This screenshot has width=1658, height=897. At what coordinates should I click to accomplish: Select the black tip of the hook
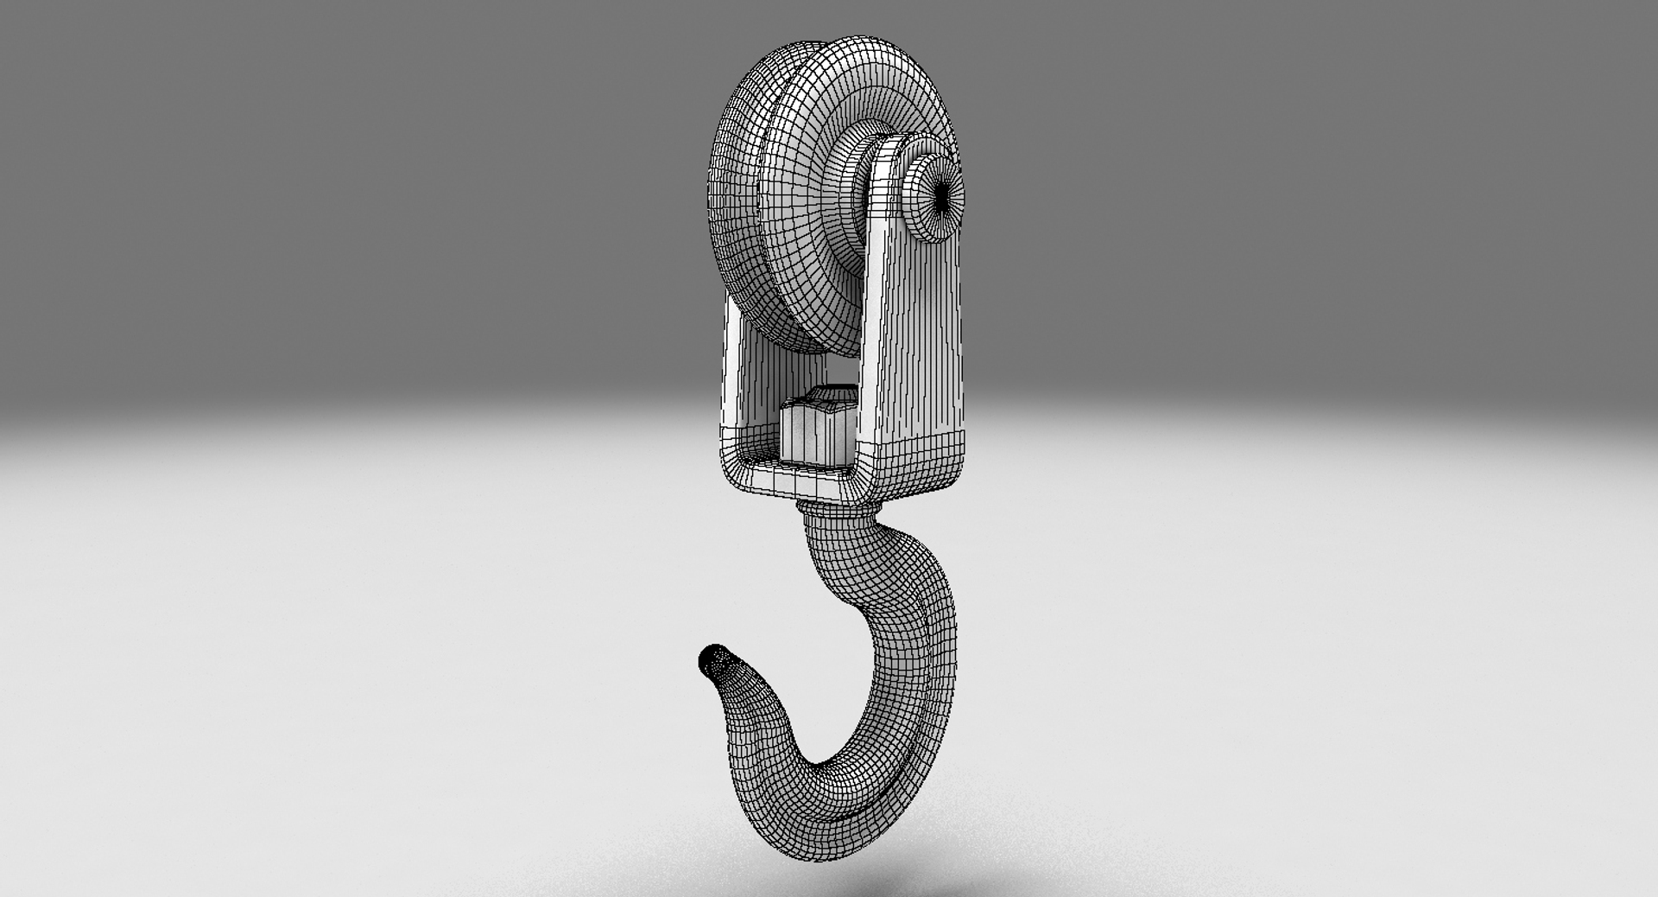(709, 658)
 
